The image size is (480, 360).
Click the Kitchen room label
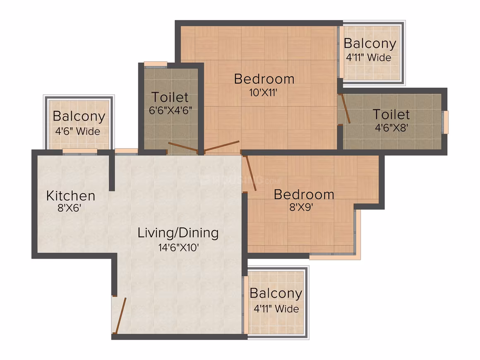pyautogui.click(x=71, y=196)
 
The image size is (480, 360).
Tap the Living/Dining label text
pyautogui.click(x=178, y=233)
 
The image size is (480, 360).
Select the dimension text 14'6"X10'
pyautogui.click(x=178, y=247)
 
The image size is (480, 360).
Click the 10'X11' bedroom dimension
pyautogui.click(x=263, y=92)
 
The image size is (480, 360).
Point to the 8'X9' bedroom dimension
pyautogui.click(x=301, y=208)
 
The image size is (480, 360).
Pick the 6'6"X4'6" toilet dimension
pyautogui.click(x=170, y=110)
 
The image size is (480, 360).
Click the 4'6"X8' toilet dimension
pyautogui.click(x=391, y=127)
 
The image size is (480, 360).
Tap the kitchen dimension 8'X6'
pyautogui.click(x=70, y=208)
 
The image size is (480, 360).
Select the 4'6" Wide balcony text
pyautogui.click(x=78, y=131)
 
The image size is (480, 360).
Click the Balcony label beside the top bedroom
pyautogui.click(x=370, y=43)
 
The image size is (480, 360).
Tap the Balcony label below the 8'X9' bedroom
pyautogui.click(x=276, y=293)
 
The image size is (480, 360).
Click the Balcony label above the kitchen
pyautogui.click(x=79, y=116)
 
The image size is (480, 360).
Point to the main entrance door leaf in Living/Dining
pyautogui.click(x=120, y=315)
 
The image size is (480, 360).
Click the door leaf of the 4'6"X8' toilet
pyautogui.click(x=345, y=109)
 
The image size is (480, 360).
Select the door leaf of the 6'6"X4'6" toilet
pyautogui.click(x=183, y=147)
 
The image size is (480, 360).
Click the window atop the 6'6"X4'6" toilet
pyautogui.click(x=156, y=64)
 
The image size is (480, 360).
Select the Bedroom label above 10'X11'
pyautogui.click(x=264, y=79)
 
